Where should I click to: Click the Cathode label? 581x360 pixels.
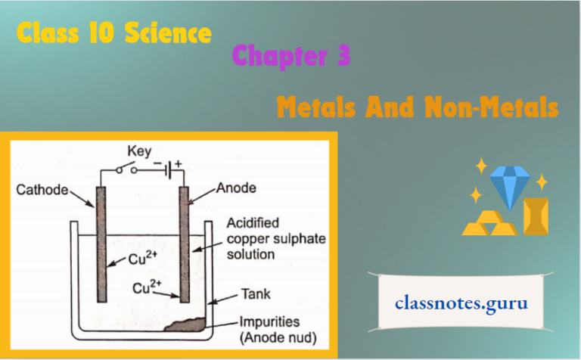tap(42, 190)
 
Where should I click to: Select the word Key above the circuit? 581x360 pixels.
tap(139, 150)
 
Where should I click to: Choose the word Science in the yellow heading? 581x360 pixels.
tap(166, 33)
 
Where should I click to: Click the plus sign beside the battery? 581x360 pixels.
tap(179, 161)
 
